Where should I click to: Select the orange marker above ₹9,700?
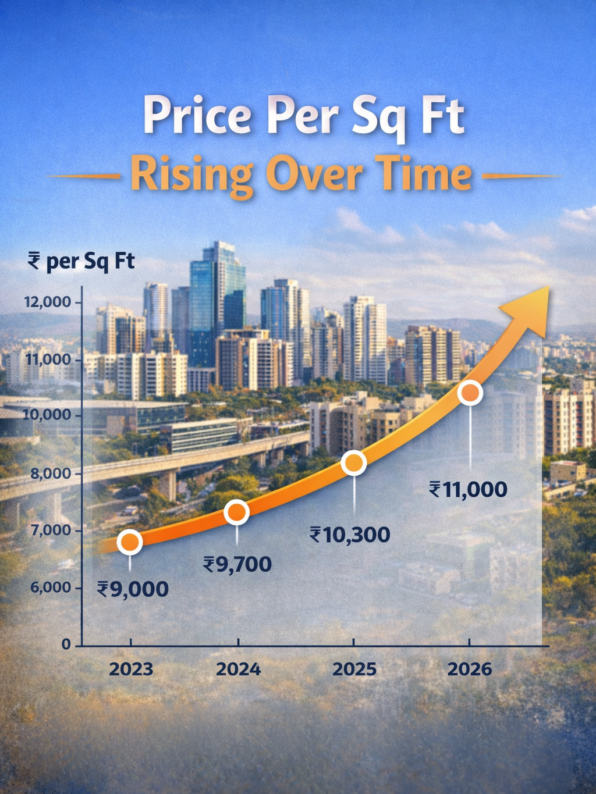tap(237, 512)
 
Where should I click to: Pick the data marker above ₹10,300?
tap(354, 463)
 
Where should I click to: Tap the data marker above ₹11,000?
tap(470, 394)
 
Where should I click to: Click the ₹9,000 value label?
tap(133, 589)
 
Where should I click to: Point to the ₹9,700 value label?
tap(237, 564)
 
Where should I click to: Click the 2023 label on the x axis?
tap(131, 669)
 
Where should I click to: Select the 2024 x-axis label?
tap(238, 669)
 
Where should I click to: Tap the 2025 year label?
tap(354, 669)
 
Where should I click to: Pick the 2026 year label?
tap(470, 669)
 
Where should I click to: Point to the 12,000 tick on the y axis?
tap(47, 302)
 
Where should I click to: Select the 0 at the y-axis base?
tap(66, 645)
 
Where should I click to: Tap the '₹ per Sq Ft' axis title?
tap(81, 261)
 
